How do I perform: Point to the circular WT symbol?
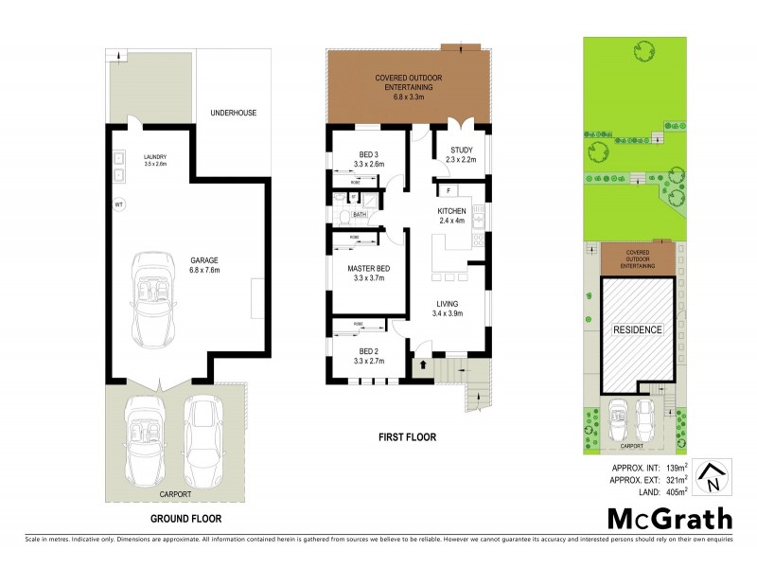point(119,203)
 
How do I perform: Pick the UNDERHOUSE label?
point(234,113)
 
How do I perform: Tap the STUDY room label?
point(461,149)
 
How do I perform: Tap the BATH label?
point(360,215)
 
